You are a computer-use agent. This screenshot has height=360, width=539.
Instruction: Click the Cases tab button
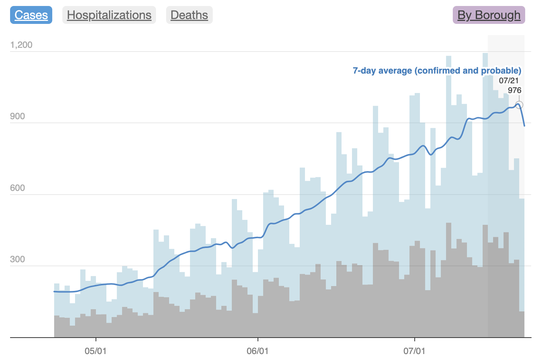point(31,15)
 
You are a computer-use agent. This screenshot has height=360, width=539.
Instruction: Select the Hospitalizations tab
point(109,15)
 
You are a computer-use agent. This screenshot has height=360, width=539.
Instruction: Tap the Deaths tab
point(189,15)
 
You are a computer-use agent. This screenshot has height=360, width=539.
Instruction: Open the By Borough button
point(489,15)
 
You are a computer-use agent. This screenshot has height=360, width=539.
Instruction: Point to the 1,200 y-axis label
point(21,45)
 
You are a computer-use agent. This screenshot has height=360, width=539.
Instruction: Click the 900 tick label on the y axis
point(18,116)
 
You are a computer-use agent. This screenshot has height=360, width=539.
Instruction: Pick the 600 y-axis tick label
point(18,188)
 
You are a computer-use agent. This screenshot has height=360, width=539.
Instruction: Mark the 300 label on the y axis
point(18,259)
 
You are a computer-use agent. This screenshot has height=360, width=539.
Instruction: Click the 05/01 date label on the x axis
point(96,351)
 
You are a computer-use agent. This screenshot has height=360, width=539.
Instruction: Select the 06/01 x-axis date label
point(258,351)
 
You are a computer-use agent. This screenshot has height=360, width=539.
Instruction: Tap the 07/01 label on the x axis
point(414,351)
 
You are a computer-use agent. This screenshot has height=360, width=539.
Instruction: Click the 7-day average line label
point(437,71)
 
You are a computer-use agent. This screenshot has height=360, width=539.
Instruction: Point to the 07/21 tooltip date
point(509,80)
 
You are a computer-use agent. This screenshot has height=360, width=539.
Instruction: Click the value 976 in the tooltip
point(514,90)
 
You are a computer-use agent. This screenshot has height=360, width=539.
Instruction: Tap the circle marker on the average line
point(519,105)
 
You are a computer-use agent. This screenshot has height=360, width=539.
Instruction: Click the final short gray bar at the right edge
point(522,324)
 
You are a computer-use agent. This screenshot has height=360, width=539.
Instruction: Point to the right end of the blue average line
point(524,126)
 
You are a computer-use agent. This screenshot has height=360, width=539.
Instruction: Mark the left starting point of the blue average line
point(54,291)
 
